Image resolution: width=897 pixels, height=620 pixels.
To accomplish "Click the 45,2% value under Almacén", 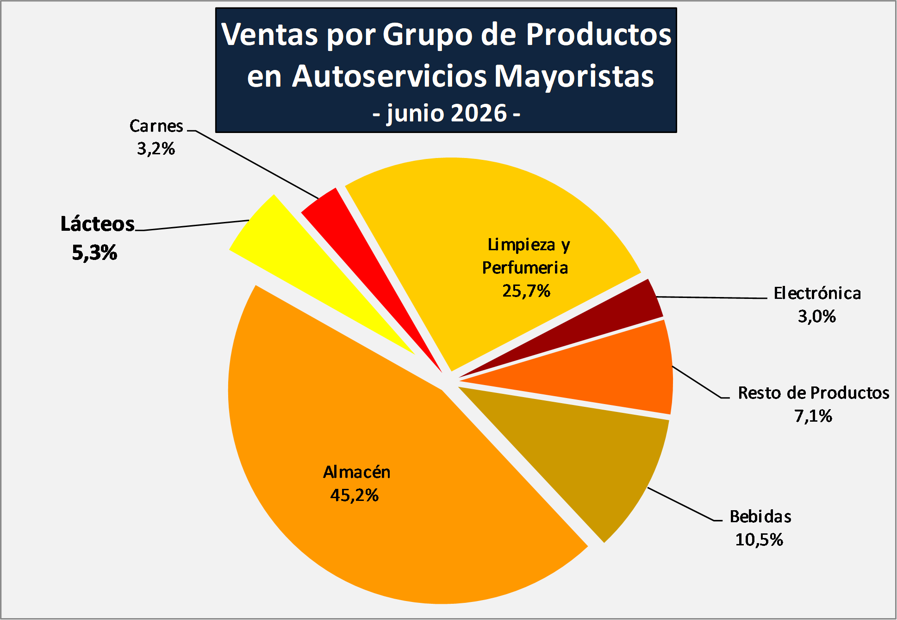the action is [355, 495].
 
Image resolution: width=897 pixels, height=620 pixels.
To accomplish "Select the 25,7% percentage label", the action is [526, 291].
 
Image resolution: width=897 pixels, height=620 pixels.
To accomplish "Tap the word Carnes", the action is [156, 126].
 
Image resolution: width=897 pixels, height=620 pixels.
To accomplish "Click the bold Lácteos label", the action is [98, 224].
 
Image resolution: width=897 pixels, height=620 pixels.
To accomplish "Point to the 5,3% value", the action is [94, 253].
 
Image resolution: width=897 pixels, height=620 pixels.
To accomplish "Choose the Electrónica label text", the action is [817, 293].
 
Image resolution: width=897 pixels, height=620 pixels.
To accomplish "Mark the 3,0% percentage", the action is [817, 316].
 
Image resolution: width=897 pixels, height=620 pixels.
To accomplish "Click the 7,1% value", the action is [813, 416].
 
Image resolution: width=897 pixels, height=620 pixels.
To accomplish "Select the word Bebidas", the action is [760, 517].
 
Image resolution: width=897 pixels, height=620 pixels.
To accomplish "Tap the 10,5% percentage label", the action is [759, 540].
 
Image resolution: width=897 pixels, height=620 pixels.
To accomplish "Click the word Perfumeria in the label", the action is [525, 268].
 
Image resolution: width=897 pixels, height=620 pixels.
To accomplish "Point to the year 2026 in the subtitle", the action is [479, 113].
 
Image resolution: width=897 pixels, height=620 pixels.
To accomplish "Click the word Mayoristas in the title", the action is [574, 76].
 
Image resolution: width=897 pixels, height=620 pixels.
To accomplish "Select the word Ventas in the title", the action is [270, 34].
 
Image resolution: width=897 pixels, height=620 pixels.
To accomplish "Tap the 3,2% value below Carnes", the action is [156, 149].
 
